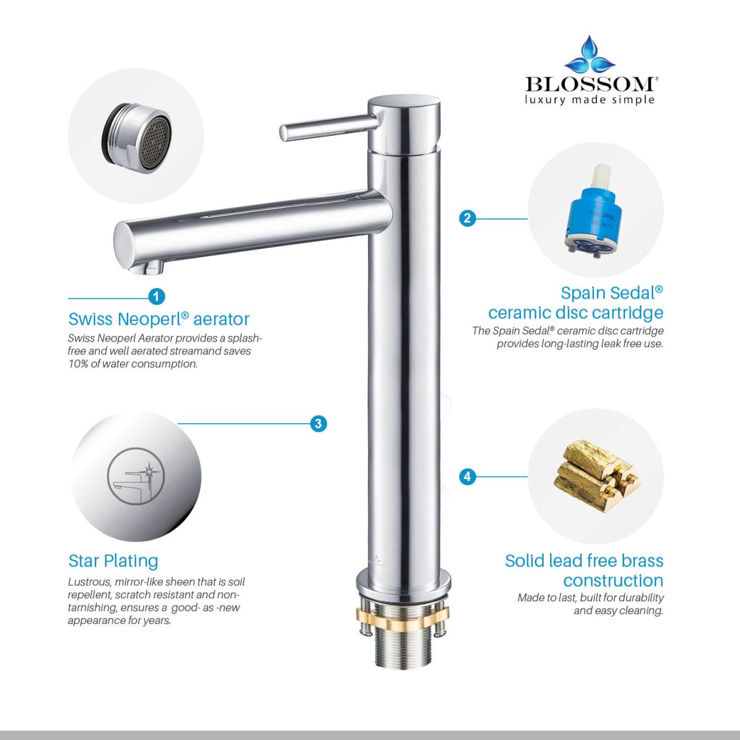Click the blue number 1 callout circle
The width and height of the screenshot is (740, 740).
(156, 297)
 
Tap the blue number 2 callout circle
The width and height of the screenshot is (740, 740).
(467, 218)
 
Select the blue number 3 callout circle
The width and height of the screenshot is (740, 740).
(318, 424)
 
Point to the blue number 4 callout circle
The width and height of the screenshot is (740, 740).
(467, 477)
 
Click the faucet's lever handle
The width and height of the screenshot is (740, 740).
(328, 128)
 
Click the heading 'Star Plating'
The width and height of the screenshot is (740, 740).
(113, 561)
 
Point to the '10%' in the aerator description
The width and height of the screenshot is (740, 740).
(78, 364)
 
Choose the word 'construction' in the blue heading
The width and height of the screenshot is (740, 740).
(613, 580)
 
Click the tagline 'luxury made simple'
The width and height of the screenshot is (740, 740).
(590, 100)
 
